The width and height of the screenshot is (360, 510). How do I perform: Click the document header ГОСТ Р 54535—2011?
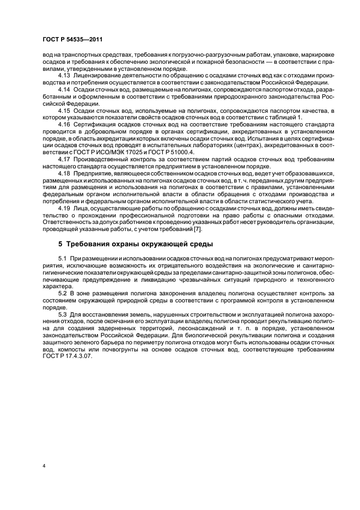(72, 40)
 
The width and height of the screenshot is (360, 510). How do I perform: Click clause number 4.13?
(64, 75)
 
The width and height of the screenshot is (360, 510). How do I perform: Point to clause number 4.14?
(64, 89)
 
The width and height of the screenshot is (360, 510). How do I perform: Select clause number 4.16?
(64, 124)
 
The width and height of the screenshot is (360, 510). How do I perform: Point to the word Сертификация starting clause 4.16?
(95, 124)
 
